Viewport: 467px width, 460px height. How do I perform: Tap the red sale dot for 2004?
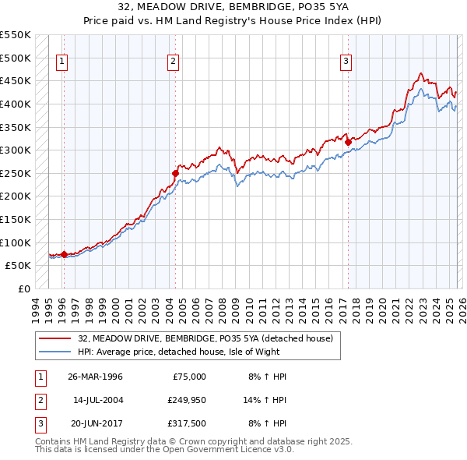pos(176,173)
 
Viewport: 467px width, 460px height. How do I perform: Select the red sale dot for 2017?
pos(348,141)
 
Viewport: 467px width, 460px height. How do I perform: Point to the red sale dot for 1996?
pos(64,253)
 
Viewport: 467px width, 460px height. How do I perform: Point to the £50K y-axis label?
pos(17,265)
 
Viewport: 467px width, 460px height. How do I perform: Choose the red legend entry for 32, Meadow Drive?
pos(205,338)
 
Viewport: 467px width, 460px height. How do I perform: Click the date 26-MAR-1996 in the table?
pos(95,377)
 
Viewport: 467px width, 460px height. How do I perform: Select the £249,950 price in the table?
pos(184,399)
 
